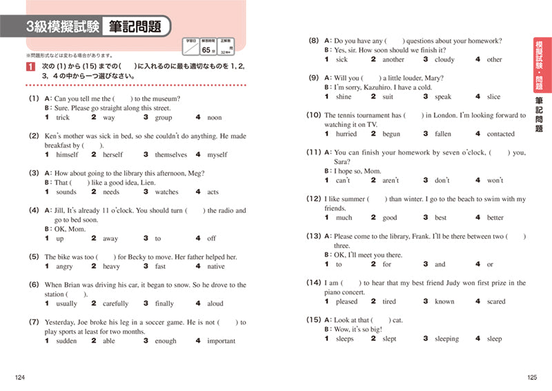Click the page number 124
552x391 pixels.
click(19, 377)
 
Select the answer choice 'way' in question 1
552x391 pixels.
click(108, 118)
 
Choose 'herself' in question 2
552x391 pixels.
click(115, 155)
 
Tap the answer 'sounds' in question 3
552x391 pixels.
click(66, 192)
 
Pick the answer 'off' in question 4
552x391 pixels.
click(211, 239)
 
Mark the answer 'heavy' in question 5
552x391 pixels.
click(111, 266)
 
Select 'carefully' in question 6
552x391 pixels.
click(115, 303)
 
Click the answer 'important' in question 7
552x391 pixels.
click(221, 341)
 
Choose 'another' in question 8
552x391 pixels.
click(393, 60)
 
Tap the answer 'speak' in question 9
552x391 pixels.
click(443, 97)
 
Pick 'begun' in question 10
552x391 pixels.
click(391, 134)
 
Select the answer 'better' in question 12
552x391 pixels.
click(495, 218)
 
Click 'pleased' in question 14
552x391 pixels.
click(346, 301)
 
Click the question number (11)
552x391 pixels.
click(314, 152)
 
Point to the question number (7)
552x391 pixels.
click(34, 322)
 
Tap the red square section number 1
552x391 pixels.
click(28, 66)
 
